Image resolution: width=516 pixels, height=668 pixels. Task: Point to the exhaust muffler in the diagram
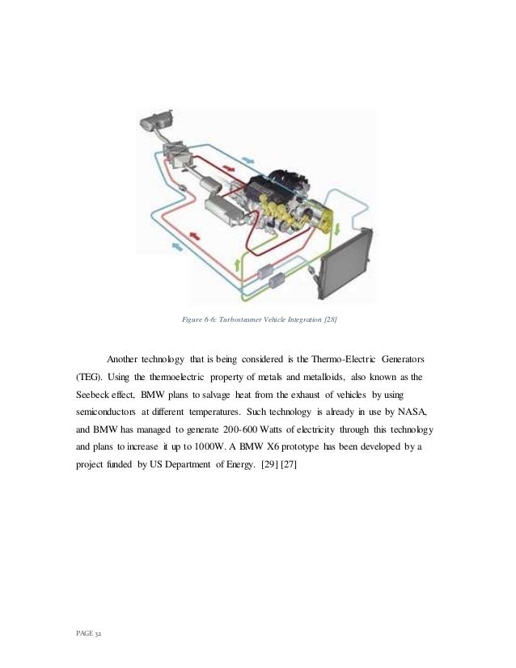coord(154,124)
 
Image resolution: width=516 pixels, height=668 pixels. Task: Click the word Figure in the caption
coord(192,321)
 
